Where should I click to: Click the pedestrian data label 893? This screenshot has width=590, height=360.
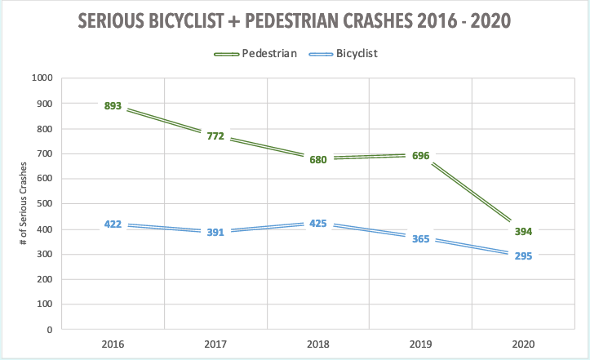[x=113, y=105]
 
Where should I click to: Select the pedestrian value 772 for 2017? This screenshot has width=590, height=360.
[x=215, y=136]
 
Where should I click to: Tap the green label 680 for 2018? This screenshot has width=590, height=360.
[x=317, y=159]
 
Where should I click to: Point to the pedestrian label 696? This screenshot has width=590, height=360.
[x=420, y=155]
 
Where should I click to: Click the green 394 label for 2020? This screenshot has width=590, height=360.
[x=522, y=231]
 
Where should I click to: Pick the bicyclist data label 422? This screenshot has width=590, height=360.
[x=113, y=224]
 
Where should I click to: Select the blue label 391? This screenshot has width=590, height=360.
[x=215, y=232]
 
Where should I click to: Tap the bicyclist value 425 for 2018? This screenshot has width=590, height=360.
[x=317, y=224]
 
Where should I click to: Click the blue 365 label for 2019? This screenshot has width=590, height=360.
[x=420, y=238]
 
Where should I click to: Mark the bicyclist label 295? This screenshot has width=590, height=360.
[x=522, y=256]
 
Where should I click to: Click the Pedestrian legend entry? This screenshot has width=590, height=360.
[x=262, y=53]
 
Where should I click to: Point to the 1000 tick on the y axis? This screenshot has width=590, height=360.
[x=42, y=78]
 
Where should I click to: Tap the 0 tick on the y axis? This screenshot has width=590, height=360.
[x=50, y=330]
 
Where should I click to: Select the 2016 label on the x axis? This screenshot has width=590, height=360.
[x=113, y=344]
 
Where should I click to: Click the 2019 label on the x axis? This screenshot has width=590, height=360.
[x=420, y=344]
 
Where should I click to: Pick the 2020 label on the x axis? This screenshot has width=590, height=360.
[x=522, y=344]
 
